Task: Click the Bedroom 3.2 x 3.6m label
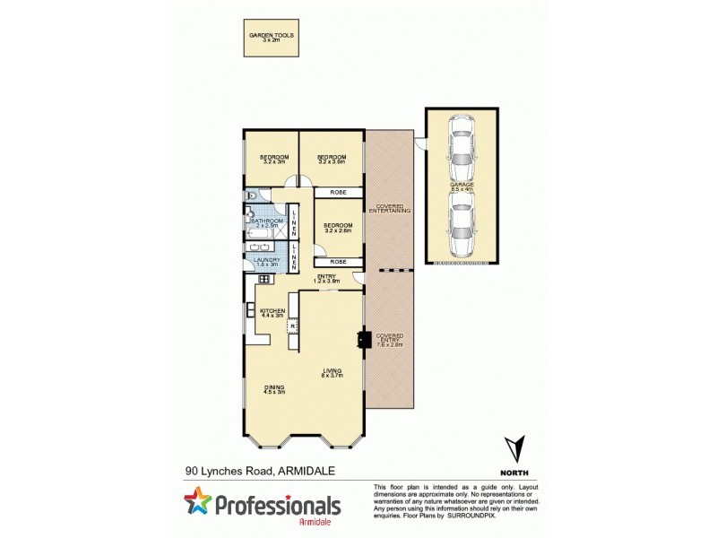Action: (x=331, y=160)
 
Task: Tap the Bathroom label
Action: (x=267, y=222)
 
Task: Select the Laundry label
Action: (x=267, y=263)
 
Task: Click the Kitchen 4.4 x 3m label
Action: (x=272, y=313)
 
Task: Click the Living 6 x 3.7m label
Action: (x=333, y=372)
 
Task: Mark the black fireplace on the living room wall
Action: (x=362, y=339)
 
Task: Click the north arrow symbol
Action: (x=513, y=447)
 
